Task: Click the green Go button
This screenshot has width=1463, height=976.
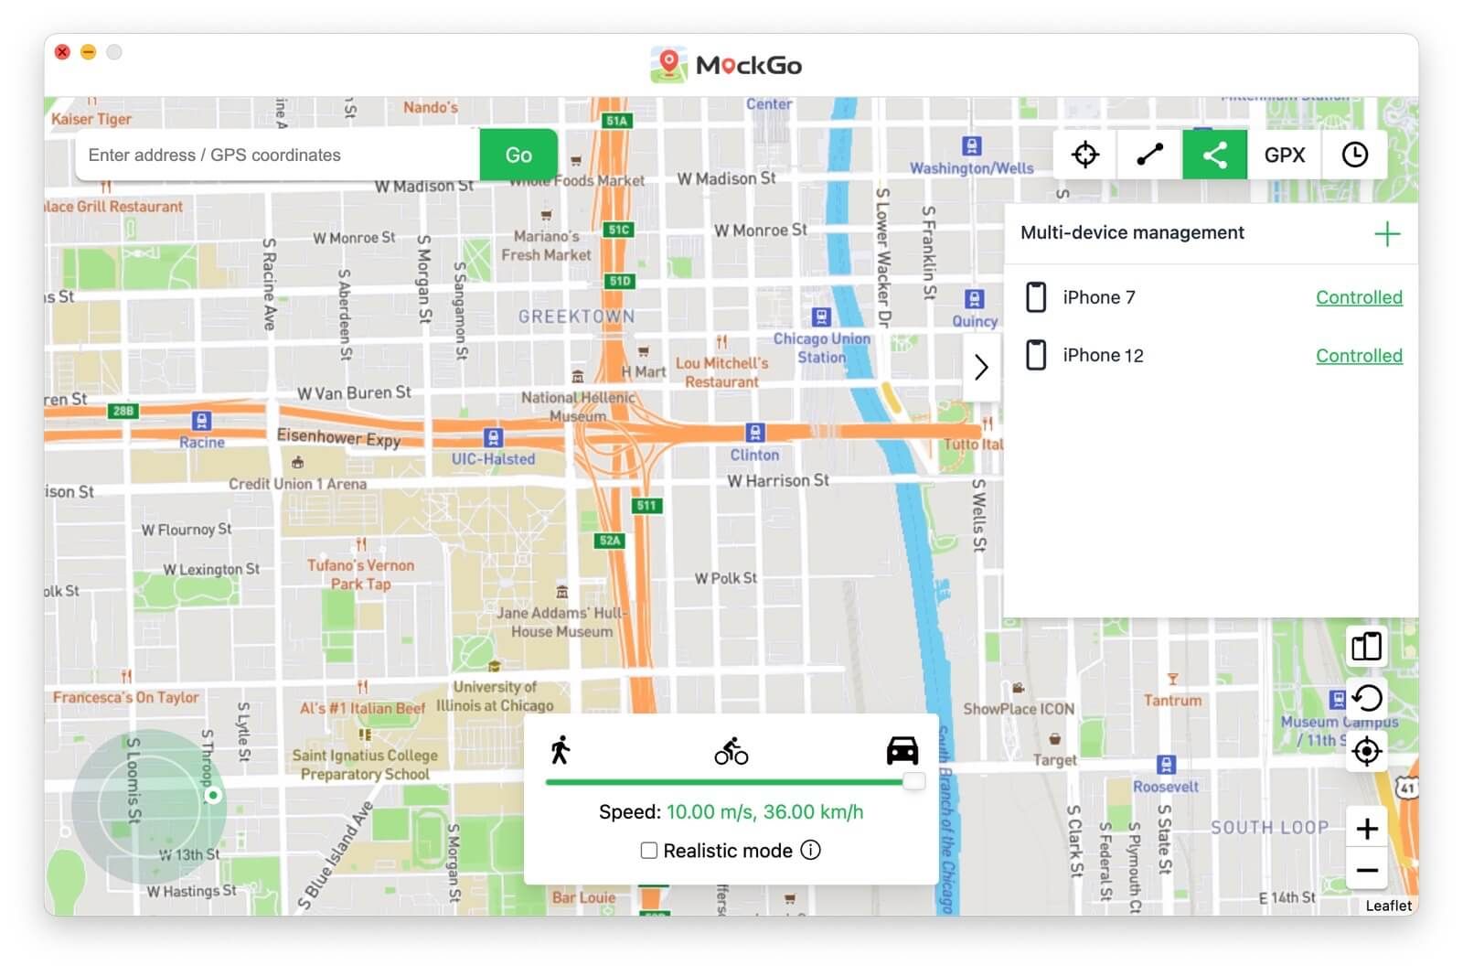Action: point(518,155)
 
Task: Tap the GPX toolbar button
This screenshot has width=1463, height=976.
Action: point(1284,155)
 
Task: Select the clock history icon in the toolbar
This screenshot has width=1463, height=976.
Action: point(1354,155)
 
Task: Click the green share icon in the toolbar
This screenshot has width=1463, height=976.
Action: point(1214,155)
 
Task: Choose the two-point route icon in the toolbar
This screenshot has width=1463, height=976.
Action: point(1149,155)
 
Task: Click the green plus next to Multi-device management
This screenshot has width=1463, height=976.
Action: point(1386,234)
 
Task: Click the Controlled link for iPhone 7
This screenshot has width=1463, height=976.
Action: point(1358,297)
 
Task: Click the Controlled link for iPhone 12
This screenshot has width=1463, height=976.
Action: point(1358,356)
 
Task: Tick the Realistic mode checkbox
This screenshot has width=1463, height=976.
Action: point(649,851)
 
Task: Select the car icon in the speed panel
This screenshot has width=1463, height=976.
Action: point(902,750)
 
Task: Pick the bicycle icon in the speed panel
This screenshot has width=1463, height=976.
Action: point(731,751)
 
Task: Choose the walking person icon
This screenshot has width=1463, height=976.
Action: point(561,750)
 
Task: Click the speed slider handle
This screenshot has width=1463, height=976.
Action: point(913,781)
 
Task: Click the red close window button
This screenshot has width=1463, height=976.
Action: point(62,52)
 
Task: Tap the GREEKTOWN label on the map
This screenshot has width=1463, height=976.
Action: point(576,316)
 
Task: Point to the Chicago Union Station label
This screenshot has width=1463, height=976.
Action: point(821,348)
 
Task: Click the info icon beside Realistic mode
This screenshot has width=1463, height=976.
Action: point(810,850)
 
